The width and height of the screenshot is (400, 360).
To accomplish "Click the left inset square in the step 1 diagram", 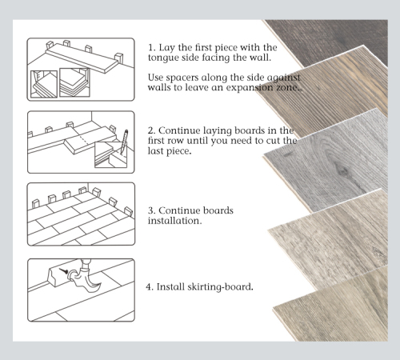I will pyautogui.click(x=45, y=83).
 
